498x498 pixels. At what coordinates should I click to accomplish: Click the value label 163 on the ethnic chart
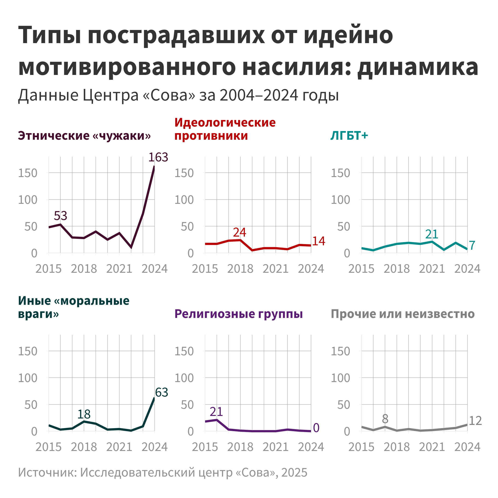158,157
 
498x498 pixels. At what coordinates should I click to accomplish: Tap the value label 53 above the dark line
61,216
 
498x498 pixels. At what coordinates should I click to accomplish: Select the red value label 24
240,232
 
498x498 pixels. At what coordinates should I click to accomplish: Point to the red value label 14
319,241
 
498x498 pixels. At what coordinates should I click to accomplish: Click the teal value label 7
472,245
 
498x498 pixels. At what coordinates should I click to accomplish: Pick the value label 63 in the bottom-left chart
162,392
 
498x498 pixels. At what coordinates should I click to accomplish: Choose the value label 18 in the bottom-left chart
84,414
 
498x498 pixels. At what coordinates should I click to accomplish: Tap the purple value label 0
316,428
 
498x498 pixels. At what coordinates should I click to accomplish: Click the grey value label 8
385,419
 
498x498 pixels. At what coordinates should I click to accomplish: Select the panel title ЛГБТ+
349,136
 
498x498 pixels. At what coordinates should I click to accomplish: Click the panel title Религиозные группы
238,314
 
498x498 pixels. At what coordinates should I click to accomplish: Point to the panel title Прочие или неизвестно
403,314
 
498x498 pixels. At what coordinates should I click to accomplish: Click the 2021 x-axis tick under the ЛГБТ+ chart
432,269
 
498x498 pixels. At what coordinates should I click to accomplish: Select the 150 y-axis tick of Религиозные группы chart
184,351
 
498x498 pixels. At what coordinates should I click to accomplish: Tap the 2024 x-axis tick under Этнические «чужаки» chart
155,269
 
